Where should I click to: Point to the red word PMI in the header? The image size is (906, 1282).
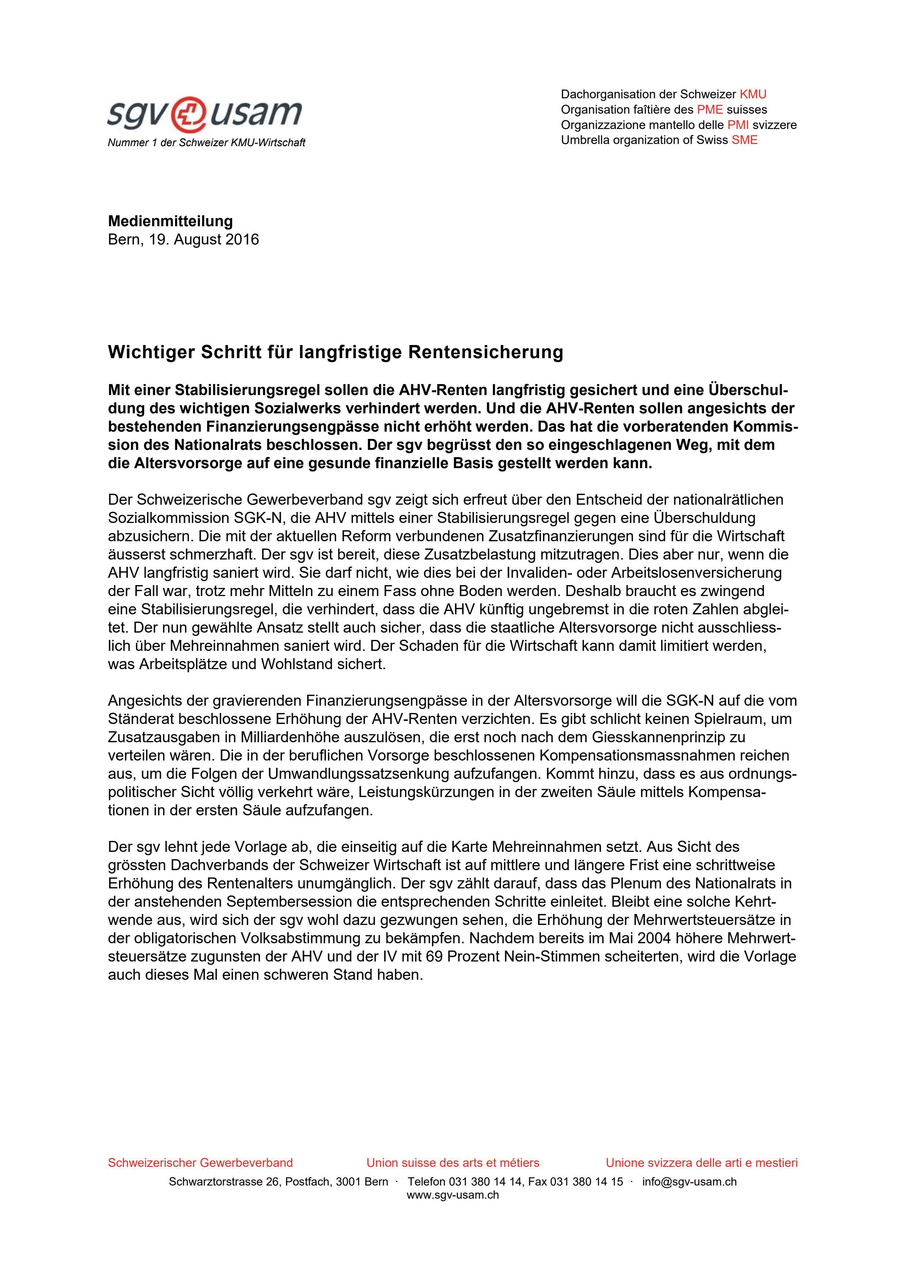tap(738, 125)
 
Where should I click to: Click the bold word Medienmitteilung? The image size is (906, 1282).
tap(170, 221)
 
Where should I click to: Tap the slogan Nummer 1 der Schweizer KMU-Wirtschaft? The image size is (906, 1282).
tap(206, 143)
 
